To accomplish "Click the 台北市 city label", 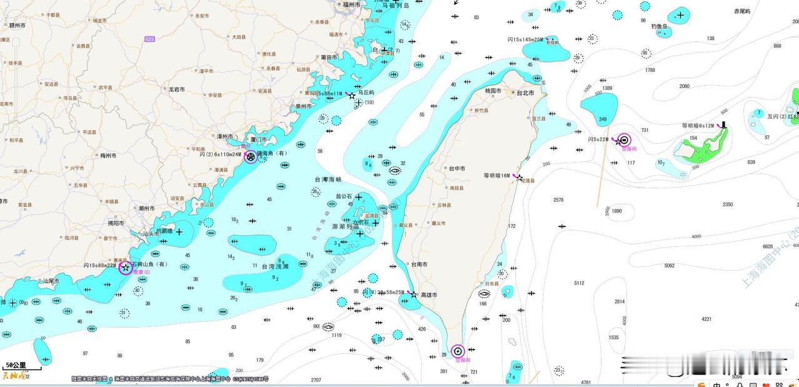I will coord(525,93).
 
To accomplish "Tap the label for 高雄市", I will coord(429,295).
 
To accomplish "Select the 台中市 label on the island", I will coord(457,169).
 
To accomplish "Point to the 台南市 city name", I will coord(419,264).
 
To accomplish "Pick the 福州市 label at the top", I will coord(351,4).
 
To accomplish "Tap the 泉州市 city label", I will coord(304,106).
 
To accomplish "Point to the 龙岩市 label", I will coord(176,89).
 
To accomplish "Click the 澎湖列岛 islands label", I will coord(344,226).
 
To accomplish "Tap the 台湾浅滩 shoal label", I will coord(275,266).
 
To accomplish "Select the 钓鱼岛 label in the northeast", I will coord(660,27).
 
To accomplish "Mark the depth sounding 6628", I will coord(768,246).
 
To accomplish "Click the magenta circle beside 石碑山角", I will coord(126,268).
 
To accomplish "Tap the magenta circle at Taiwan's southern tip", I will coord(458,351).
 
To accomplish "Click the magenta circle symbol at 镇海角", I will coord(251,157).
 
